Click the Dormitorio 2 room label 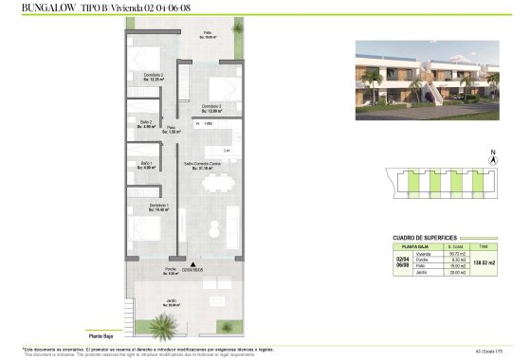point(155,78)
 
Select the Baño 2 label point(146,124)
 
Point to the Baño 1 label point(147,167)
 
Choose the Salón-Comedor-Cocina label point(203,166)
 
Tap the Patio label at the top point(207,35)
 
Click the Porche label point(171,271)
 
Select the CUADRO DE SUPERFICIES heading point(425,238)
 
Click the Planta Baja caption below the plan point(101,334)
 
